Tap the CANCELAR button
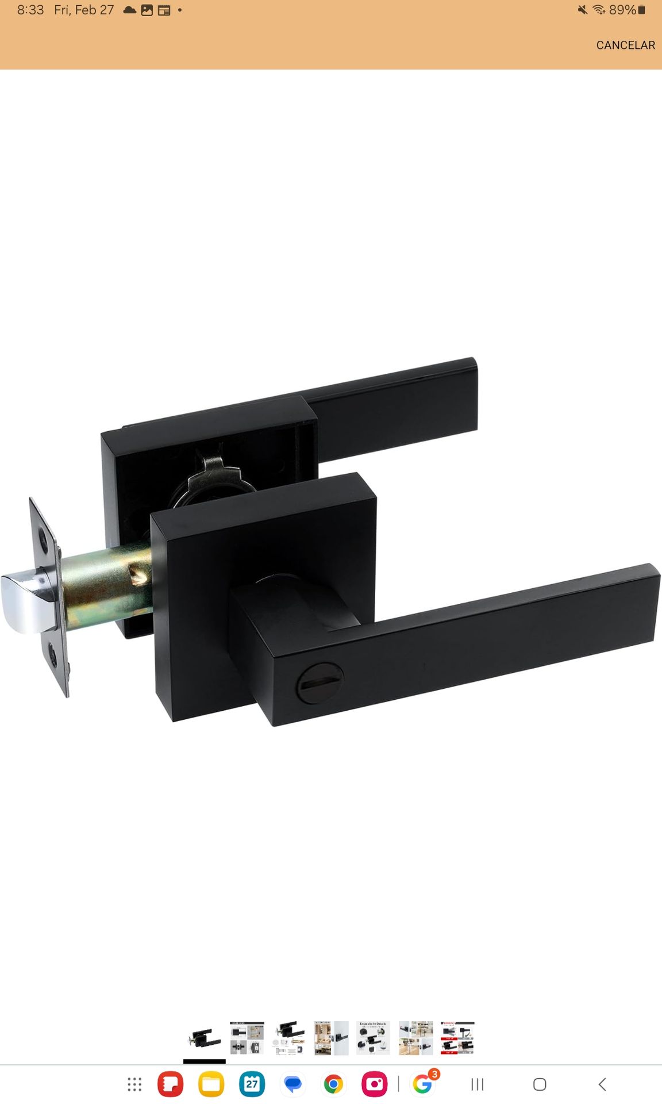coord(625,45)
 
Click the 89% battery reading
coord(623,10)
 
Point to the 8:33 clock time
coord(30,10)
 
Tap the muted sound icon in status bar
coord(583,10)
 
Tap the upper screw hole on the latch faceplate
coord(43,540)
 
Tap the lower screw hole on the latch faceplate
coord(53,655)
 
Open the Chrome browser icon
coord(333,1084)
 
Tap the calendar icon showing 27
coord(252,1084)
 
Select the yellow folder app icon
coord(211,1084)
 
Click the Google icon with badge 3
coord(422,1084)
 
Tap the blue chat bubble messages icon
coord(293,1084)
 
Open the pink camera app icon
coord(374,1084)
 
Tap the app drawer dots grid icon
coord(134,1084)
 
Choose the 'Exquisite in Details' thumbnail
coord(373,1038)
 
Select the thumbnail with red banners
coord(457,1038)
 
